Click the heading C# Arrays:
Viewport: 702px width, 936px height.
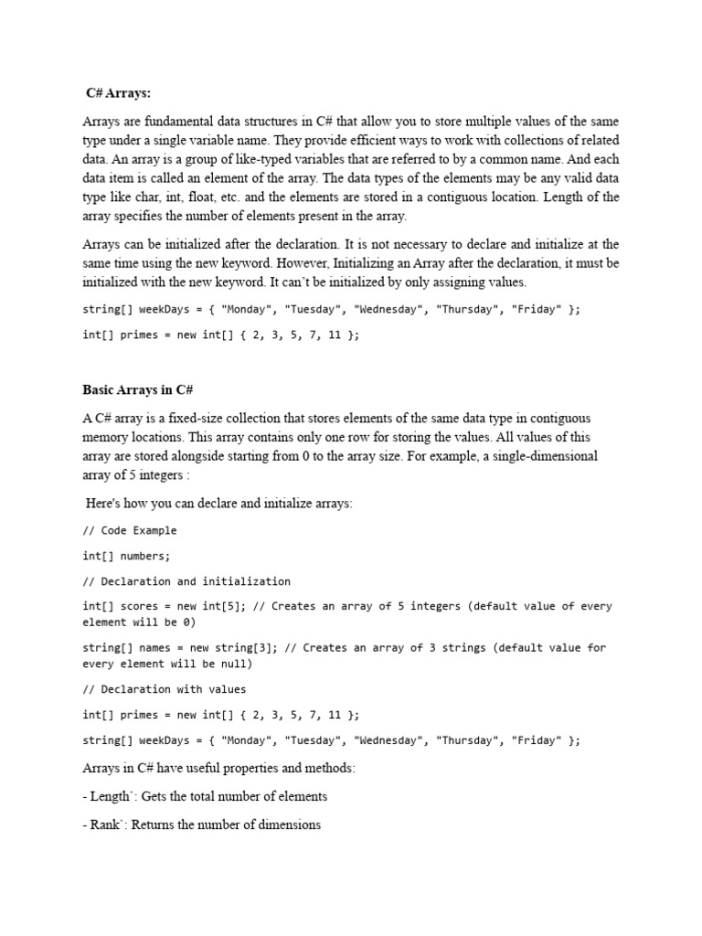pos(118,92)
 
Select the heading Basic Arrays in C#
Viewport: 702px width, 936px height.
pos(137,389)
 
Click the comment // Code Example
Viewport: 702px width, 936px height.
pos(130,530)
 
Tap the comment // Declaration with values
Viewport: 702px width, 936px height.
pos(164,689)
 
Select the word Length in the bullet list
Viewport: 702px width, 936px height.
pos(110,796)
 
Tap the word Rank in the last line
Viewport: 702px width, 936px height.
pos(105,824)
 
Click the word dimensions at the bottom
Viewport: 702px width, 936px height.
pos(288,824)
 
